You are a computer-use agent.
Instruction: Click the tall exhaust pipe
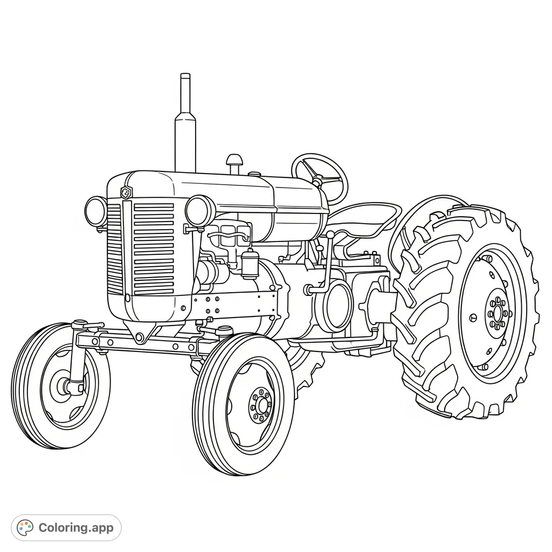pyautogui.click(x=185, y=129)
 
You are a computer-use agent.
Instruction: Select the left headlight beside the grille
pyautogui.click(x=96, y=211)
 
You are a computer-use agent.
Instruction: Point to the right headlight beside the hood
pyautogui.click(x=200, y=210)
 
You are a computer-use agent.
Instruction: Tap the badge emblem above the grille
pyautogui.click(x=126, y=192)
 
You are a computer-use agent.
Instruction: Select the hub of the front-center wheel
pyautogui.click(x=261, y=404)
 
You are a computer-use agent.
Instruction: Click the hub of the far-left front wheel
pyautogui.click(x=68, y=385)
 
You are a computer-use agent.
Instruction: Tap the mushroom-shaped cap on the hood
pyautogui.click(x=234, y=161)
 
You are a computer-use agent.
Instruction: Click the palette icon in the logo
pyautogui.click(x=25, y=528)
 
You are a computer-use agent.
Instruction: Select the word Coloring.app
pyautogui.click(x=76, y=528)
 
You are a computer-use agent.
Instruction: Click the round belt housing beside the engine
pyautogui.click(x=336, y=304)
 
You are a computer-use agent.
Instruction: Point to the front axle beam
pyautogui.click(x=140, y=342)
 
